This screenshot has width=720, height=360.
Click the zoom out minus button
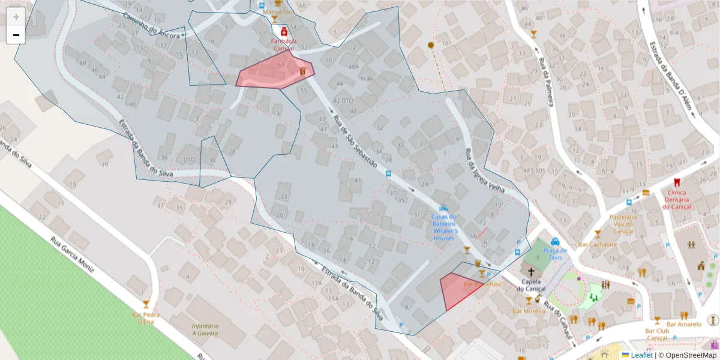tap(16, 35)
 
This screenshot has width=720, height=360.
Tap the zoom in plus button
tap(16, 16)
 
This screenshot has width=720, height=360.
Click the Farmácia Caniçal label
tap(283, 44)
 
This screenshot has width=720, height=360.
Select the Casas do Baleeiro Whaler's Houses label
tap(444, 227)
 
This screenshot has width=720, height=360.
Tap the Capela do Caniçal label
tap(529, 285)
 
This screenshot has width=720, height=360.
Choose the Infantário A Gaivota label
tap(205, 330)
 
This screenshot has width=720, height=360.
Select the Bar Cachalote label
tap(598, 244)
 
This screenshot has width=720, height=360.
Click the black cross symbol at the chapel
tap(530, 271)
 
